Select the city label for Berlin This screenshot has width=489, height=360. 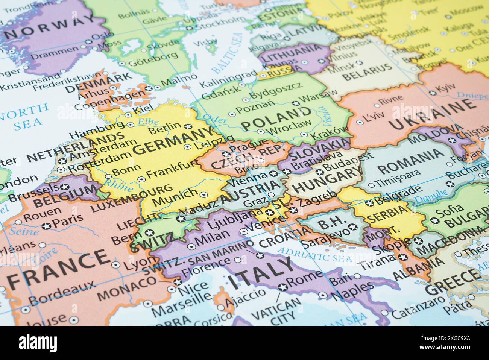coord(165,128)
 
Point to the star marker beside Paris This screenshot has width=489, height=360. coord(46,226)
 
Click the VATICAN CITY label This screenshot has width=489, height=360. coord(276,309)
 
